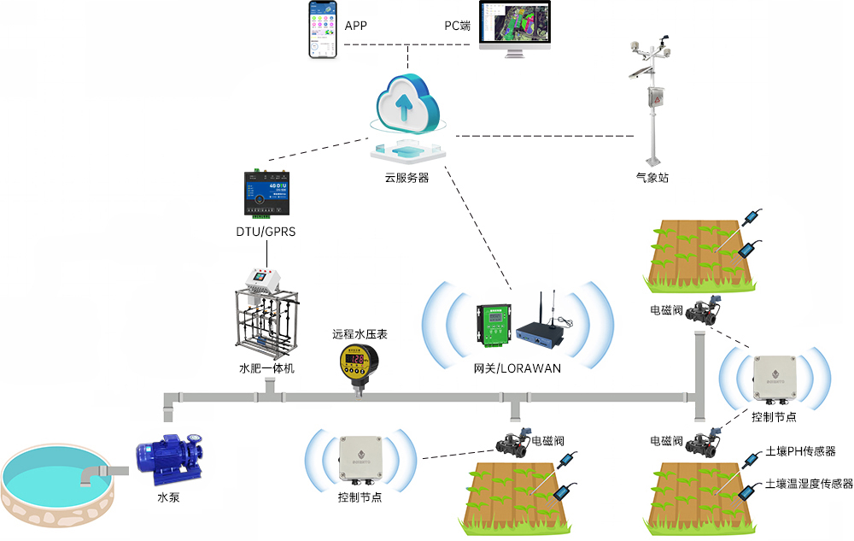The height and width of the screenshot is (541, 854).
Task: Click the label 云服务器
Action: (x=407, y=179)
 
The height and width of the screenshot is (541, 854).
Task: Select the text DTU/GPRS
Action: (x=266, y=232)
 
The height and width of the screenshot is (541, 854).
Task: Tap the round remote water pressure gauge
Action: (x=359, y=363)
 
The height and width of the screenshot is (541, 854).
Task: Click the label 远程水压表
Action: (x=360, y=334)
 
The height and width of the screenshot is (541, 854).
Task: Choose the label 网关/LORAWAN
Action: (x=518, y=368)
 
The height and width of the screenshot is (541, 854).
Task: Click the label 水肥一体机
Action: (x=266, y=369)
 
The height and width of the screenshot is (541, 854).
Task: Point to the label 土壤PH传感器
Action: (x=800, y=451)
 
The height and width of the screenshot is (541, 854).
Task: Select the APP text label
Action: (x=355, y=26)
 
